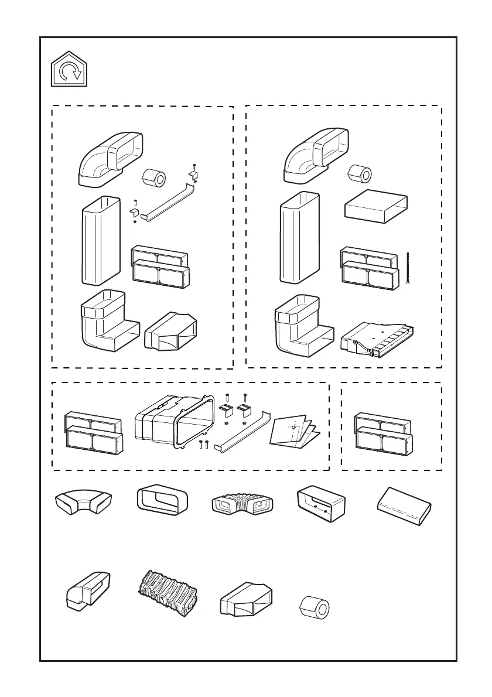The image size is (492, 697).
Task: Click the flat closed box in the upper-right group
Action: click(375, 209)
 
